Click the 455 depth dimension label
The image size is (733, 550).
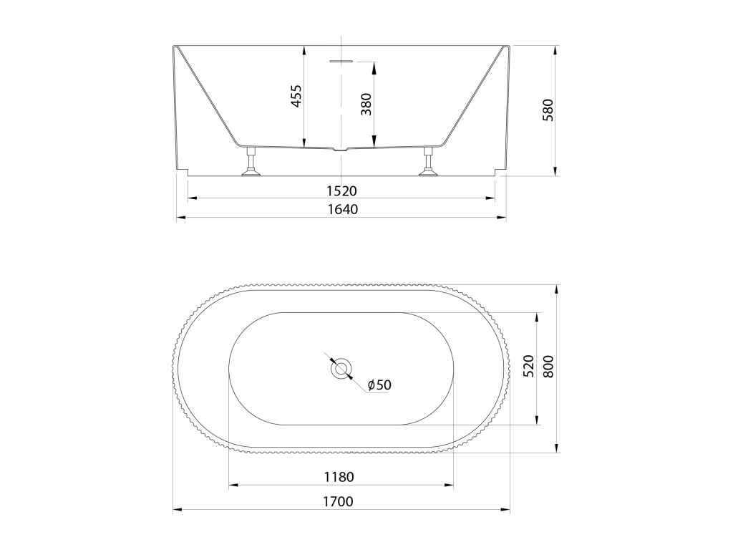click(297, 96)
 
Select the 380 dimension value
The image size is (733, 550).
click(366, 105)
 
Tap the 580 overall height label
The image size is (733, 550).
click(548, 110)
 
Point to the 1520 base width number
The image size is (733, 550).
click(341, 190)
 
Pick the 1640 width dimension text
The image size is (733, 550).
click(342, 209)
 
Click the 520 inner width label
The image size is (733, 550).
click(528, 367)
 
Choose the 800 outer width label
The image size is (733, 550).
click(548, 367)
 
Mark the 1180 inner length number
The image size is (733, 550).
click(339, 477)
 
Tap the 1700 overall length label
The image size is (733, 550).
click(338, 502)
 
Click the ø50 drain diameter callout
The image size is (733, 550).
click(379, 385)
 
